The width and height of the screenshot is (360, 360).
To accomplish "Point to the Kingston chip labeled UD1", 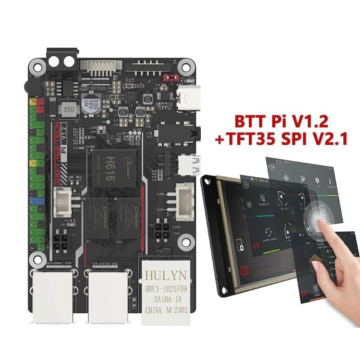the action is [x=97, y=218].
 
